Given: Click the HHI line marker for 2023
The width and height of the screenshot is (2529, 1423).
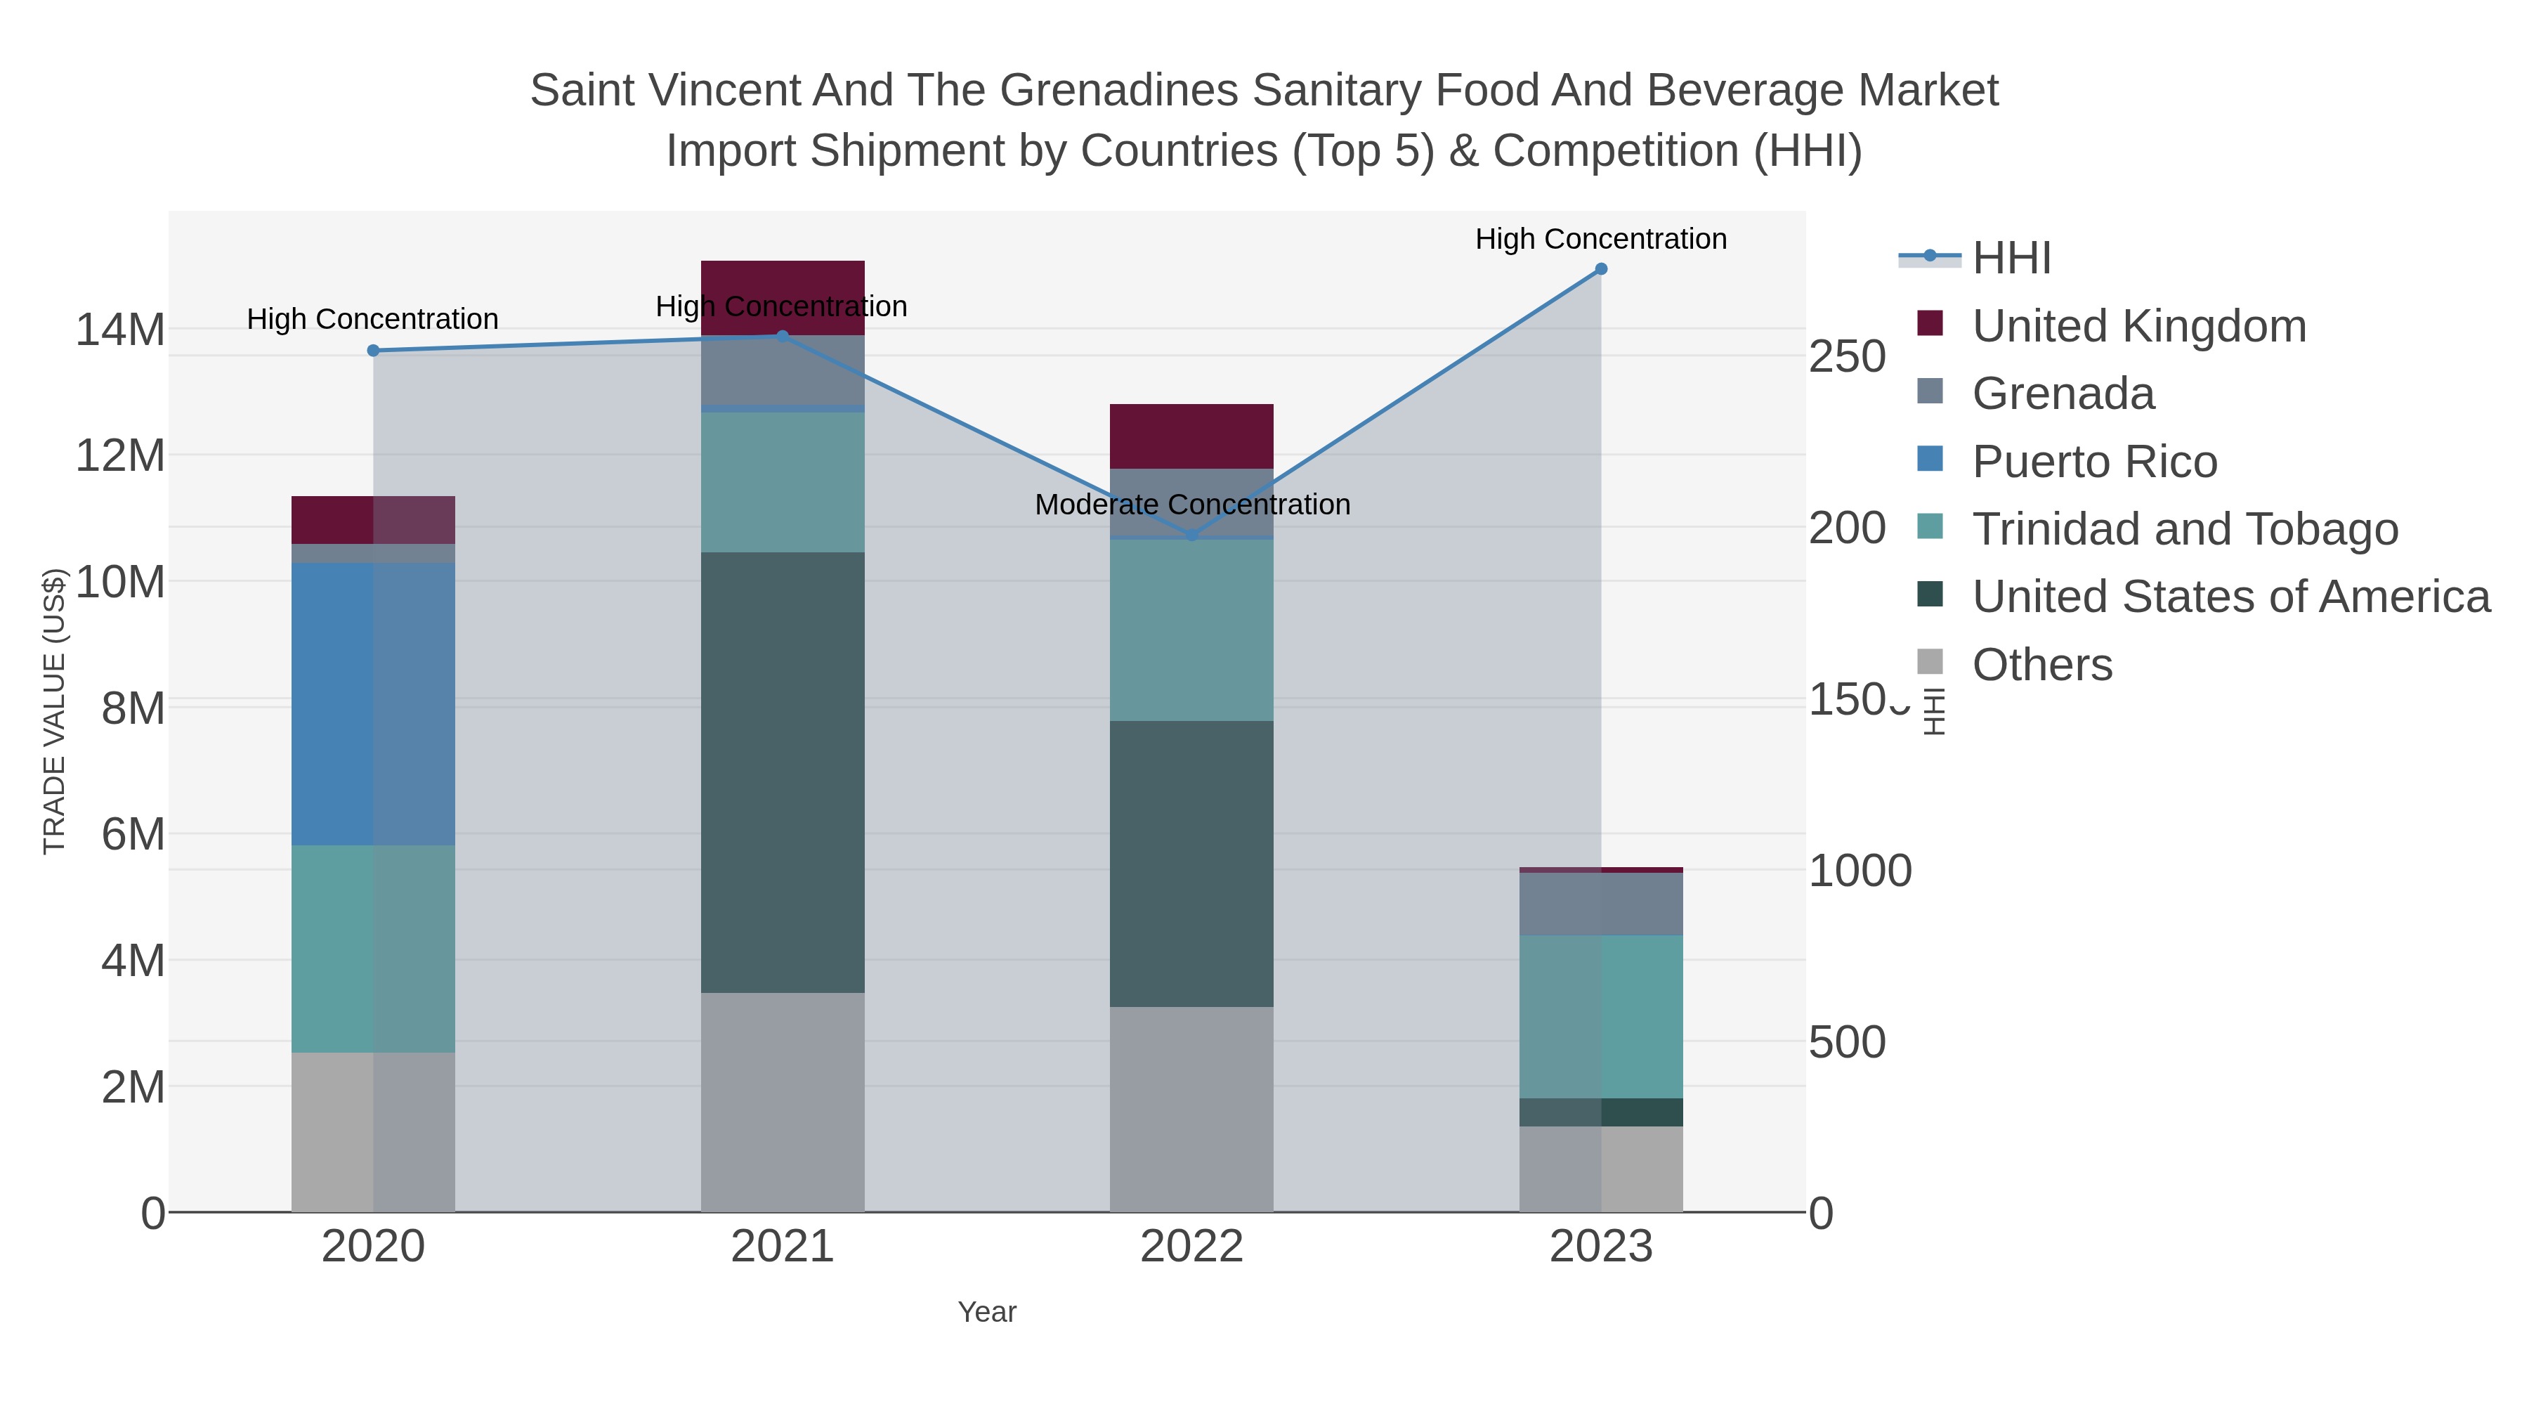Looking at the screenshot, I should tap(1600, 269).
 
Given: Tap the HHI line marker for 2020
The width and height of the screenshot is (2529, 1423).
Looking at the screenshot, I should tap(373, 351).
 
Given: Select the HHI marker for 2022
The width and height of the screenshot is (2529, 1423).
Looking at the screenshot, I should tap(1192, 535).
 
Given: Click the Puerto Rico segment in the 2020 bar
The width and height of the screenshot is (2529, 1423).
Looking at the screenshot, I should tap(373, 703).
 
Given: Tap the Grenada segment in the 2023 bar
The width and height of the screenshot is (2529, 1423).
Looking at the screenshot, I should tap(1600, 904).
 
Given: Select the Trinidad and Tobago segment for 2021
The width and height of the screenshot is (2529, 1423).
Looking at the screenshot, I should tap(783, 481).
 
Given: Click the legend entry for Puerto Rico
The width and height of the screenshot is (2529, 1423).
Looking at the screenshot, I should tap(2094, 462).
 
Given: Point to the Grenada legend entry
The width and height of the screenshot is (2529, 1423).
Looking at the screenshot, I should tap(2063, 394).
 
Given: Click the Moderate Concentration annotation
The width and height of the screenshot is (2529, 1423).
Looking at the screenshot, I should tap(1192, 505).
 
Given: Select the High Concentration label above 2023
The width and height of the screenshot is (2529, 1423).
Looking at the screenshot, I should tap(1600, 239).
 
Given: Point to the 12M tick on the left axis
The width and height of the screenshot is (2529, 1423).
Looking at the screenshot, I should tap(119, 455).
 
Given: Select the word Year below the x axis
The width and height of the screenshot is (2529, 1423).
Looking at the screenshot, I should tap(987, 1312).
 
